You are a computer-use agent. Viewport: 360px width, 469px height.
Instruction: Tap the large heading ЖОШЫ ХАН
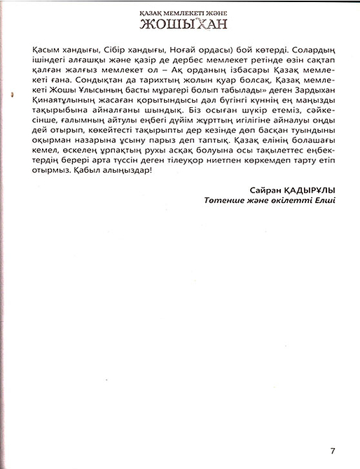point(181,27)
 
